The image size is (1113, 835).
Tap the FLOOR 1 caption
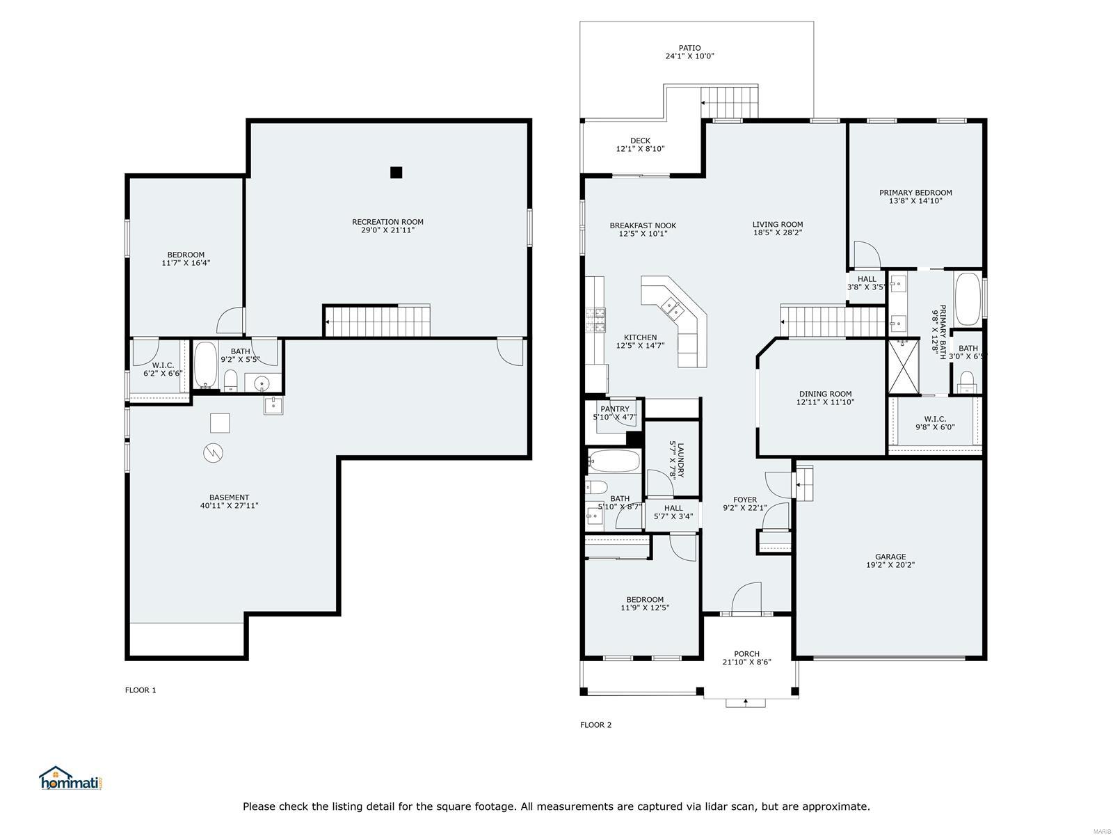click(x=141, y=690)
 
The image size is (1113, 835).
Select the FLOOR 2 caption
click(x=595, y=725)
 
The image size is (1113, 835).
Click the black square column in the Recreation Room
click(x=396, y=173)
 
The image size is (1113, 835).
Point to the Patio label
click(x=689, y=48)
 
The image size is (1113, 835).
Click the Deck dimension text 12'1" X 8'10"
click(x=640, y=149)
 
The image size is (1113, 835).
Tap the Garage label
click(x=890, y=557)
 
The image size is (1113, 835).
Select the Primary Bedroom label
click(x=915, y=193)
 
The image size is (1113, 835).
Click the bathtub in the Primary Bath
click(x=968, y=299)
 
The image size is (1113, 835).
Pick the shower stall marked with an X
click(x=903, y=366)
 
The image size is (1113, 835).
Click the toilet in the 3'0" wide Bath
click(x=967, y=382)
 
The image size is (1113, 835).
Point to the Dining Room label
click(x=825, y=394)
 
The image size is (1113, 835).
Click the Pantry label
click(x=614, y=409)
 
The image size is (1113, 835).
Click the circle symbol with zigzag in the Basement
click(x=214, y=453)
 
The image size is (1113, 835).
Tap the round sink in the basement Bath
click(x=262, y=383)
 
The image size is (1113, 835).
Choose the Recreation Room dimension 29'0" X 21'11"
click(x=387, y=230)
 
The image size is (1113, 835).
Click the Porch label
click(x=746, y=654)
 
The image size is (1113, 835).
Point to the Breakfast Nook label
click(x=643, y=225)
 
